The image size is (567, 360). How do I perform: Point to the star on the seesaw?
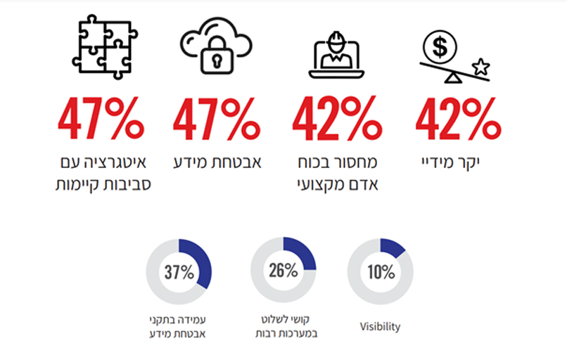[481, 67]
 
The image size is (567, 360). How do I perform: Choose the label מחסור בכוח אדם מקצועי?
[336, 174]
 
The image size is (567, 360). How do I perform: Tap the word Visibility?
[380, 327]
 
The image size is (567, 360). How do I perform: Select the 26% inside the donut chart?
[283, 270]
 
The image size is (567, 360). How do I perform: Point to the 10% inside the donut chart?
[380, 272]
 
